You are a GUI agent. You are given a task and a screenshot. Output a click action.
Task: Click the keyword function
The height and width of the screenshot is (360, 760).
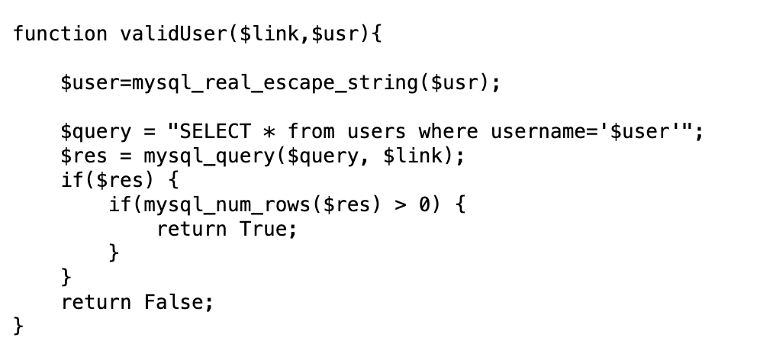click(60, 34)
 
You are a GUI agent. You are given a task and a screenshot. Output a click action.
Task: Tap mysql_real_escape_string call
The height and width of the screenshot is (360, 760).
click(275, 82)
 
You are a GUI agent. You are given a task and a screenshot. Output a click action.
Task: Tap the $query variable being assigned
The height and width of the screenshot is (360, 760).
click(96, 131)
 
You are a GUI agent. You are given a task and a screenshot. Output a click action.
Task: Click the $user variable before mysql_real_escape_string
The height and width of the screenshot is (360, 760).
click(90, 82)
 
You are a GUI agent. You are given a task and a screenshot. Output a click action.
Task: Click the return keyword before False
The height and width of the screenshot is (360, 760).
click(96, 302)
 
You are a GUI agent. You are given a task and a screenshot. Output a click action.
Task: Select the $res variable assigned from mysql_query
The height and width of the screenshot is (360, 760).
click(84, 156)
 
